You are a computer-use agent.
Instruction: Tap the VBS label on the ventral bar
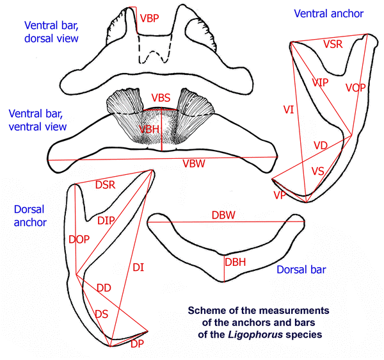click(161, 98)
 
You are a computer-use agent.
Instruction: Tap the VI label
click(288, 110)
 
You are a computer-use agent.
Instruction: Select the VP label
click(279, 195)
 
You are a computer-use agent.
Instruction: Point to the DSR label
click(105, 185)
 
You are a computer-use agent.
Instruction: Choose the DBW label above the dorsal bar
click(224, 215)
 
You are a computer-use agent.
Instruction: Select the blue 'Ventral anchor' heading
click(328, 13)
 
